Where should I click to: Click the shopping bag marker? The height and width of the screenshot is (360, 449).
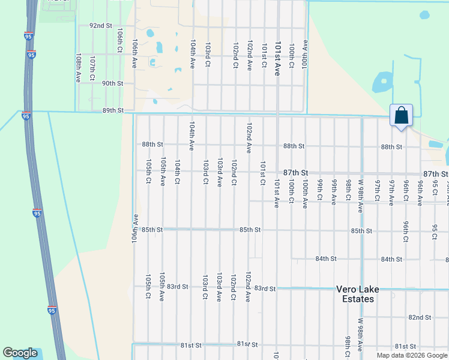pos(401,115)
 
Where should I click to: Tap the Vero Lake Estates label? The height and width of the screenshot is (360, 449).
pos(357,294)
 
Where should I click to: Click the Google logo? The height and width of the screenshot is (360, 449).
pos(20,353)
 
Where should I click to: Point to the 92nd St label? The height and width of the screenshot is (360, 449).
pos(101,26)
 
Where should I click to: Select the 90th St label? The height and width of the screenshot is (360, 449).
pos(113,83)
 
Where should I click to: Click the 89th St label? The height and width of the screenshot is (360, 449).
pos(113,110)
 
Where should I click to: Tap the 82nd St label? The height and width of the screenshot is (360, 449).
pos(420,317)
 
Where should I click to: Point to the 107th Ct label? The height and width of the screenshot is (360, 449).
pos(92,69)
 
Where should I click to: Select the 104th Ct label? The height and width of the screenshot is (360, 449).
pos(178,172)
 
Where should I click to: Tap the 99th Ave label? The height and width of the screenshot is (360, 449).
pos(334,192)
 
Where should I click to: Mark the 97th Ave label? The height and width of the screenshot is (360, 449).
pos(391,192)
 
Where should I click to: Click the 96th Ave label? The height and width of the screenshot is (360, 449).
pos(420,192)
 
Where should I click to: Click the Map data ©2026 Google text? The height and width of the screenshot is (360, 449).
pos(412,355)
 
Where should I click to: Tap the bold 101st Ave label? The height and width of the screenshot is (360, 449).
pos(278,58)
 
